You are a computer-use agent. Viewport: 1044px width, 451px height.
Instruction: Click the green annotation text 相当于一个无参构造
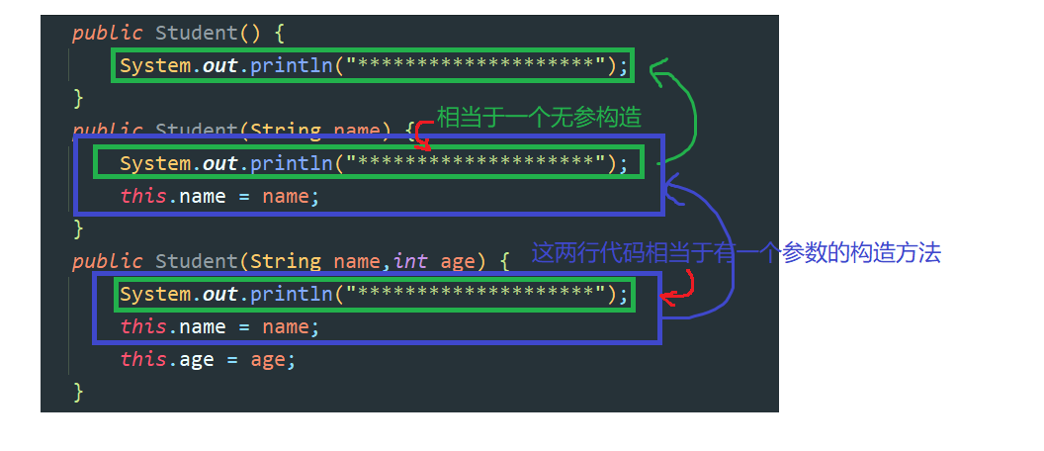click(539, 119)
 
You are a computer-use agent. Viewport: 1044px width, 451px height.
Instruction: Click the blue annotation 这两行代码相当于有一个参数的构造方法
click(736, 253)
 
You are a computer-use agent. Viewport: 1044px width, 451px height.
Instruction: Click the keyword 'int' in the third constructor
click(410, 261)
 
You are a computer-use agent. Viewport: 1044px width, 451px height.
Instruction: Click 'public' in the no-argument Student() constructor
click(107, 33)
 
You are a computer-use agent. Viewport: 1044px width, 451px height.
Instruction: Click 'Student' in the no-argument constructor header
click(197, 33)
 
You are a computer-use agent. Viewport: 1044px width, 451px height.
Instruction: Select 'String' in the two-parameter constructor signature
click(286, 261)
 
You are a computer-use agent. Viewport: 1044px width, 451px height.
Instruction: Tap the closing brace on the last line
click(78, 392)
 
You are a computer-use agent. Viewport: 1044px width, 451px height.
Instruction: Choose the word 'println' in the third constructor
click(292, 294)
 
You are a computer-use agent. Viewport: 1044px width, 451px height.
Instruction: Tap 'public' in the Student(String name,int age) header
click(107, 261)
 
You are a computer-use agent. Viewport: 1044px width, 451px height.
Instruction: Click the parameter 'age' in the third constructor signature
click(458, 261)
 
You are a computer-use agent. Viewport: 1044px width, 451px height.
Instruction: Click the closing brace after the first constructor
click(78, 98)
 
